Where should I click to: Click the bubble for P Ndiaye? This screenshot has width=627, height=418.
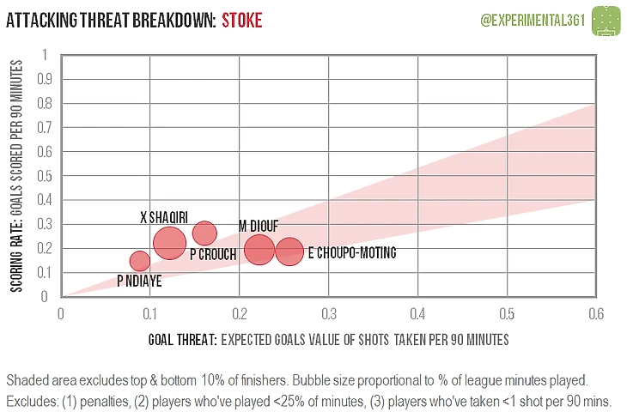(x=139, y=261)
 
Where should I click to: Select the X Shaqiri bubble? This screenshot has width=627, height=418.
(x=169, y=243)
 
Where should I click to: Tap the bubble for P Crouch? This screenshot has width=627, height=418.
(x=204, y=233)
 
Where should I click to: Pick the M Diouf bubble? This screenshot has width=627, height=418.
(x=259, y=250)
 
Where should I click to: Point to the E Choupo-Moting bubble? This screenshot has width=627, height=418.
(x=289, y=251)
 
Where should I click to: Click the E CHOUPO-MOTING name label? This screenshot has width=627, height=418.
(x=352, y=252)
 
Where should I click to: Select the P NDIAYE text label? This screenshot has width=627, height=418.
(x=139, y=281)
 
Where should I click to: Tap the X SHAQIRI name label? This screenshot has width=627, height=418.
(x=164, y=217)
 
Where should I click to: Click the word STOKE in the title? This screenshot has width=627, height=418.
(x=242, y=21)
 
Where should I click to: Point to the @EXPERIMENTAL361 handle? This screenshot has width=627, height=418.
(x=533, y=20)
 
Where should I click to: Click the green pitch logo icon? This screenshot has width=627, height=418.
(x=606, y=21)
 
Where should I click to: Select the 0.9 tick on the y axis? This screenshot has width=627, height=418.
(x=45, y=79)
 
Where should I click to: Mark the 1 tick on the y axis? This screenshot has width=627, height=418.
(x=46, y=55)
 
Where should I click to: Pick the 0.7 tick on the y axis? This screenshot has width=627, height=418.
(x=45, y=128)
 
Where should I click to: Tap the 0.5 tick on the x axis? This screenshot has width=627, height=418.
(x=507, y=314)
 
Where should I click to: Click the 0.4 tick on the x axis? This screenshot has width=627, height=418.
(x=417, y=314)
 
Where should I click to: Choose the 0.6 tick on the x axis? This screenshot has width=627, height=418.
(x=596, y=314)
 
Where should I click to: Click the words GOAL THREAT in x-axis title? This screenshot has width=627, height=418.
(x=183, y=340)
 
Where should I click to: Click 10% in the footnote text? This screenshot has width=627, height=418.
(x=212, y=380)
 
